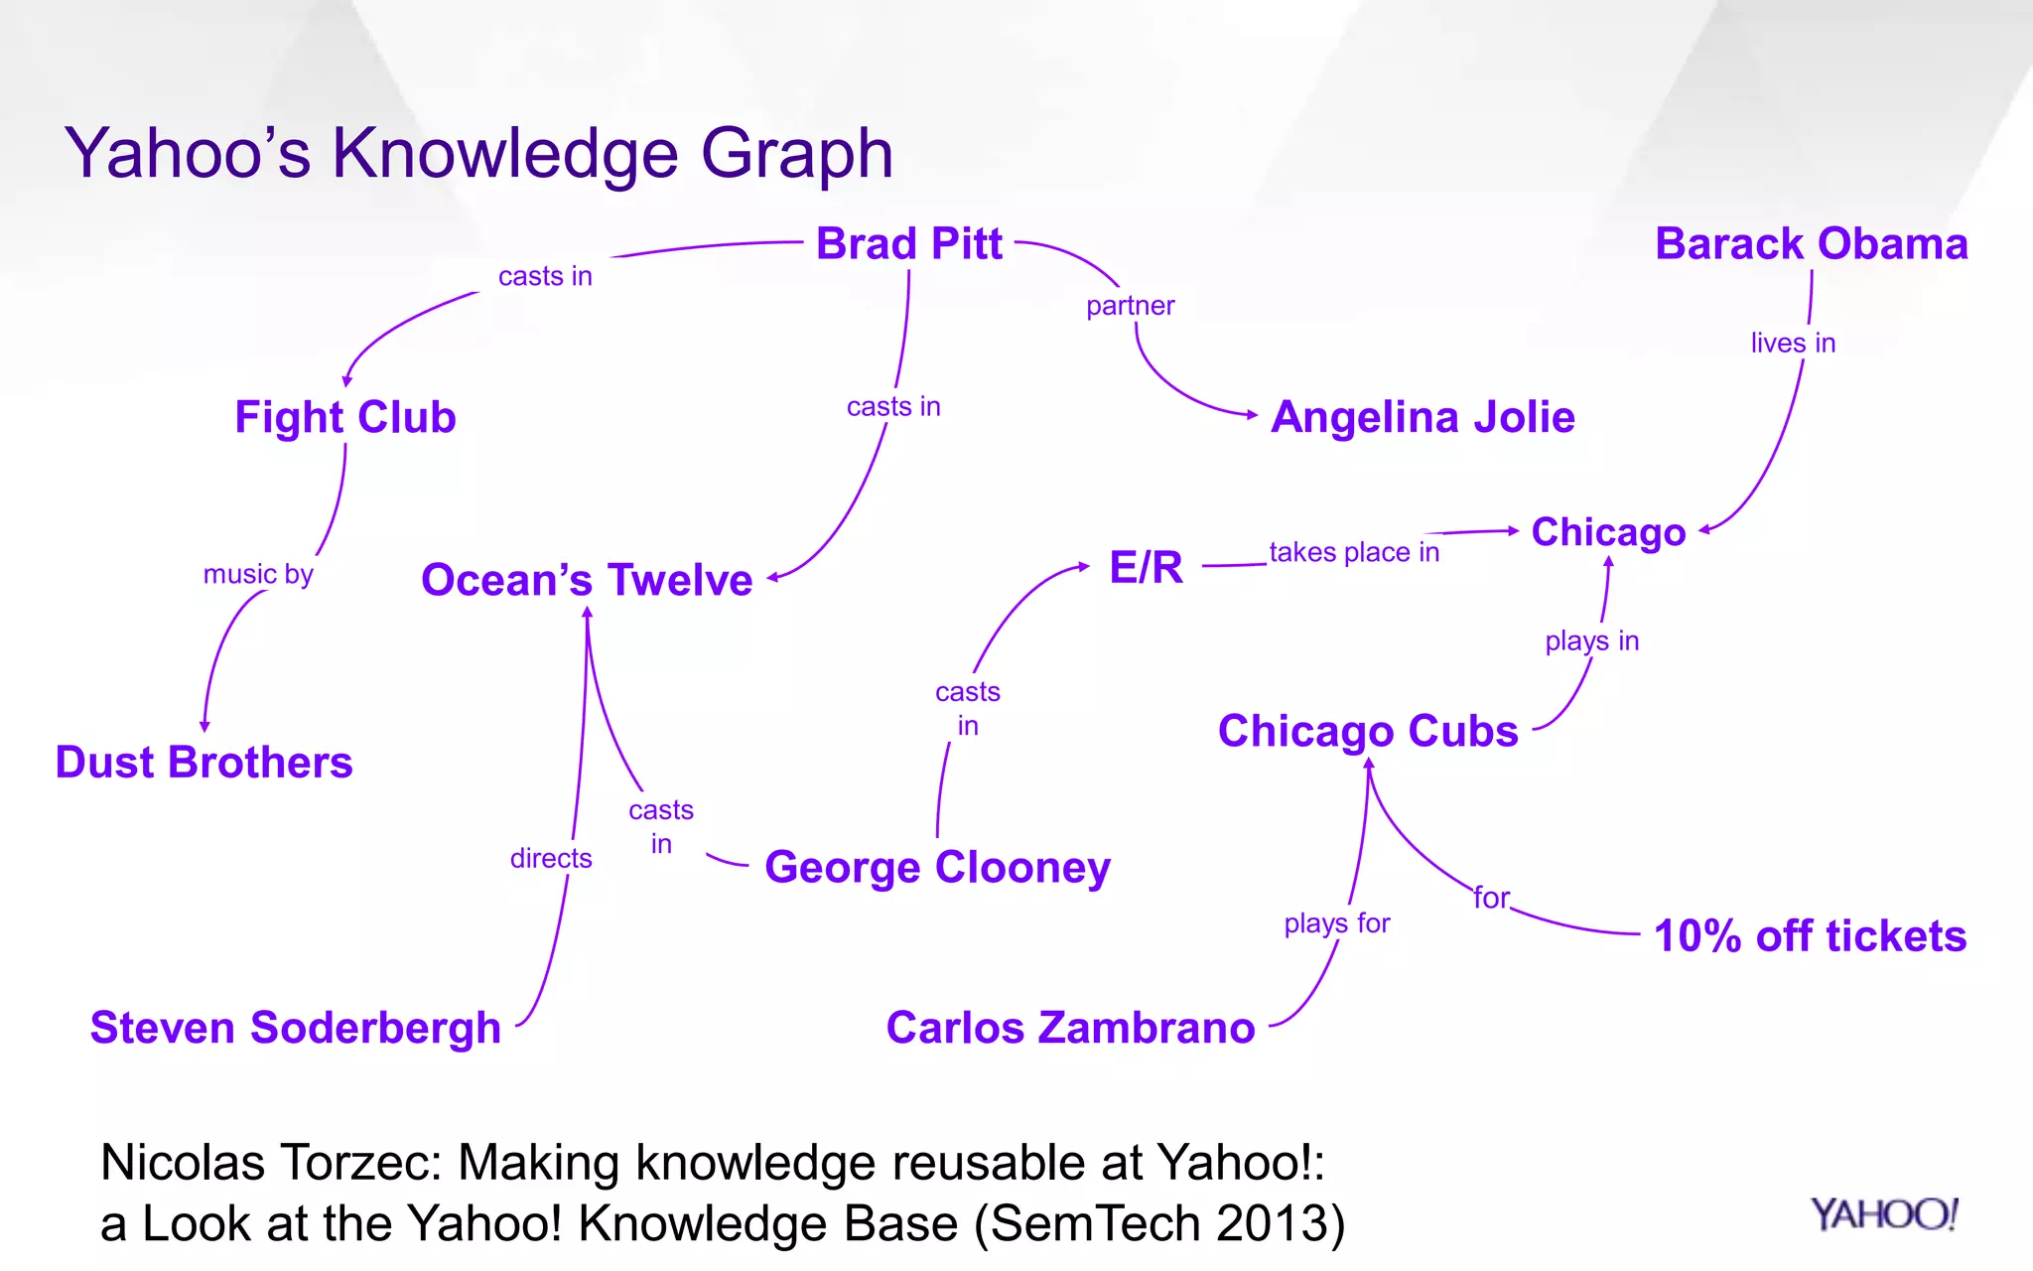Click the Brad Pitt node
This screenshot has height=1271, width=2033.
coord(908,244)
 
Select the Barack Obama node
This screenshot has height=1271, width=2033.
coord(1811,244)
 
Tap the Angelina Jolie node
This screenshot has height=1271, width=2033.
coord(1423,417)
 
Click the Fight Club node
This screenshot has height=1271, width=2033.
coord(345,417)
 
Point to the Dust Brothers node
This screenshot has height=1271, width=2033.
coord(203,763)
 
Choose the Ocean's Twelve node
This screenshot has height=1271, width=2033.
coord(587,580)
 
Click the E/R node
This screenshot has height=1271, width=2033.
coord(1146,568)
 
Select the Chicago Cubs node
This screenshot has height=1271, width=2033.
coord(1368,732)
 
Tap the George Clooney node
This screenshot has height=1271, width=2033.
coord(937,868)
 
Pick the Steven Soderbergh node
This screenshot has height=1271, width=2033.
coord(295,1028)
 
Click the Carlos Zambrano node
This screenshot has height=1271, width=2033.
coord(1070,1028)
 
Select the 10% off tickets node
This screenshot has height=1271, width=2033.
coord(1810,936)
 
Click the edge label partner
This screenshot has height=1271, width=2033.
coord(1130,306)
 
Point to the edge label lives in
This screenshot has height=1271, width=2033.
coord(1792,344)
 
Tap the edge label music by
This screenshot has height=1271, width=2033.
coord(258,575)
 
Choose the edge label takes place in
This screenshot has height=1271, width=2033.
coord(1354,552)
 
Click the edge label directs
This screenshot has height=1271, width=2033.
coord(551,859)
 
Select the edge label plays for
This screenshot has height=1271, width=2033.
coord(1336,923)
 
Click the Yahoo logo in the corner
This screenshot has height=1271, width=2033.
coord(1883,1214)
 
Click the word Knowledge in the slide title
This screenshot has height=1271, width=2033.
coord(505,154)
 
